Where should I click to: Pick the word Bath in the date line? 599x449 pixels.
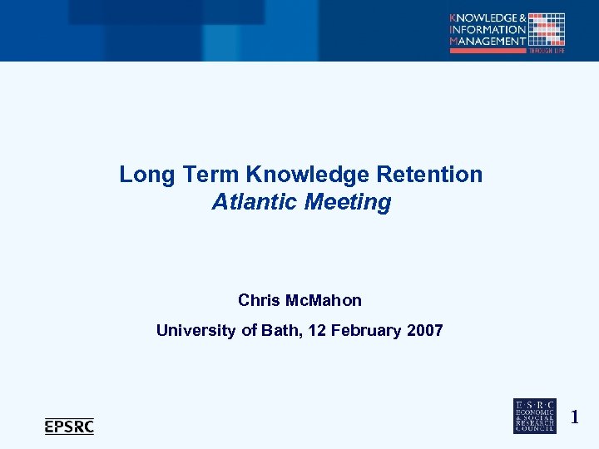[x=281, y=331]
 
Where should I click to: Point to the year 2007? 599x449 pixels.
[x=425, y=331]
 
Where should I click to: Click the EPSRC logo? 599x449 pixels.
[x=69, y=427]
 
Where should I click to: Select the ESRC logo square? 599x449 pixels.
[x=534, y=416]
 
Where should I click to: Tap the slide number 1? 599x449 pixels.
[x=574, y=417]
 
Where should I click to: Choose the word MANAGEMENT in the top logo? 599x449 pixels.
[x=488, y=41]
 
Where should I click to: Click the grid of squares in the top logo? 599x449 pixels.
[x=547, y=29]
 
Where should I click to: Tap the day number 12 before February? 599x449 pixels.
[x=317, y=331]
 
